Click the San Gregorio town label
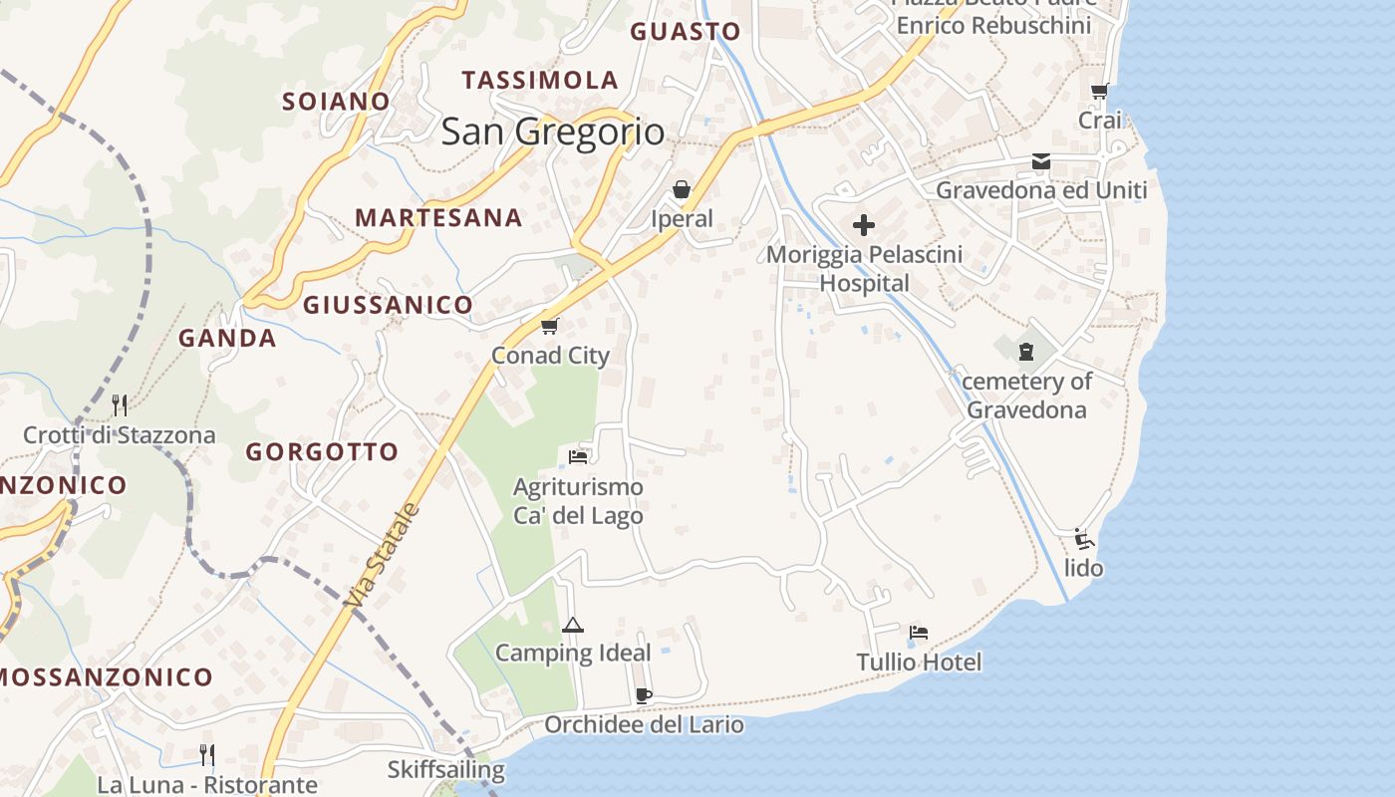[x=552, y=132]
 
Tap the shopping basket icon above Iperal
[x=682, y=189]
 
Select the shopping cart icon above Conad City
[x=549, y=326]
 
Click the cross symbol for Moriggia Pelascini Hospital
[x=863, y=225]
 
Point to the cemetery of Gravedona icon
[x=1026, y=351]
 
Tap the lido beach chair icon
[x=1084, y=539]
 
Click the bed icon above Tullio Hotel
[x=919, y=632]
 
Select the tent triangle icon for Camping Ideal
[x=572, y=625]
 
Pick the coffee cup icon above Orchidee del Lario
[x=643, y=695]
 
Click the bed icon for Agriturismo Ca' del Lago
[x=578, y=457]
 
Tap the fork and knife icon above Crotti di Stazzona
[x=120, y=404]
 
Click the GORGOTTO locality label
[x=322, y=451]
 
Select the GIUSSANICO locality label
[x=388, y=305]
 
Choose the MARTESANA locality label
[x=438, y=217]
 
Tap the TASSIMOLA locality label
[x=539, y=80]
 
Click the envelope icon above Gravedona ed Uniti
[x=1041, y=161]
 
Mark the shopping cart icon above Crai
[x=1099, y=92]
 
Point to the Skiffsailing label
[x=445, y=770]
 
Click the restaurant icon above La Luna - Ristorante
[x=206, y=754]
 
